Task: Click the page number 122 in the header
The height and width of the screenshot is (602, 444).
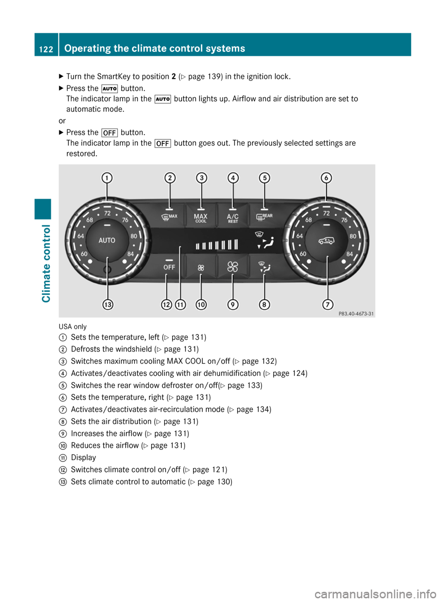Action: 46,49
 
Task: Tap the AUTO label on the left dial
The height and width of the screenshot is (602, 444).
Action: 107,240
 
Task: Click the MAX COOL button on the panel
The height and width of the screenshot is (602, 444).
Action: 201,218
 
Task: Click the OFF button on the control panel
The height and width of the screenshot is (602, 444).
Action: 169,267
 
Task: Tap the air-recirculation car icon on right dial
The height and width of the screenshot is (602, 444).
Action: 327,240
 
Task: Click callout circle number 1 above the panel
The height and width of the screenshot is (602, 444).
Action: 107,178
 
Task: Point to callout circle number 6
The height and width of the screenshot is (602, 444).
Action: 327,178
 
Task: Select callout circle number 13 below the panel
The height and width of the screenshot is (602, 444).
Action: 108,304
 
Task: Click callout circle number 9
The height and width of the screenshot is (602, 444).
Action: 233,304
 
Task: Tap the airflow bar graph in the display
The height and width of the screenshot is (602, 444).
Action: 216,245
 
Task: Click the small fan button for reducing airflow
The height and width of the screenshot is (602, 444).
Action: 201,267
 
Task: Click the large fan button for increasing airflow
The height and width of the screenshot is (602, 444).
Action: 233,267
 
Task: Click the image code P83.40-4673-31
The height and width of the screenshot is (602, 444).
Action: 356,313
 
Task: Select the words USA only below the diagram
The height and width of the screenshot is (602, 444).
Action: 73,326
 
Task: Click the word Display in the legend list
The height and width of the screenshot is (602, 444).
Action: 83,457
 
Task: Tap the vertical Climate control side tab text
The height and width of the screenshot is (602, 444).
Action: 46,264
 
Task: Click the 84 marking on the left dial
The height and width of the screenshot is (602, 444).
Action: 131,254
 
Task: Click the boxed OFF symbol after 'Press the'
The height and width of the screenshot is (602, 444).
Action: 109,133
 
